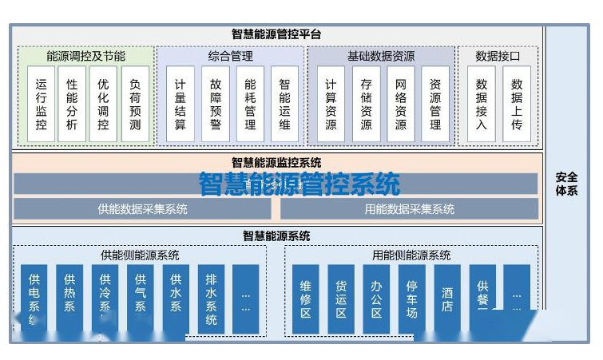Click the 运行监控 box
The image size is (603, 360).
tap(42, 105)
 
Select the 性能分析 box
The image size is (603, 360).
tap(72, 105)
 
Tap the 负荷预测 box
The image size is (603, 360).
tap(135, 105)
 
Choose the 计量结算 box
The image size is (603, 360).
tap(181, 105)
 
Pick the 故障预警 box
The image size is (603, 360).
tap(216, 105)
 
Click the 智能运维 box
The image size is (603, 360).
tap(285, 105)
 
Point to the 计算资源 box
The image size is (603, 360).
tap(331, 105)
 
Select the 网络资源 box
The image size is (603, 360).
tap(401, 105)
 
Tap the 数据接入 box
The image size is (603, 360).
tap(482, 105)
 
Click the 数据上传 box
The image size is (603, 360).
tap(517, 105)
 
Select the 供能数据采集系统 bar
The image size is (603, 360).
tap(143, 209)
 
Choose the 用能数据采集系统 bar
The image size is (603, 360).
tap(409, 209)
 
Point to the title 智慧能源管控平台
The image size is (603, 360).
tap(276, 34)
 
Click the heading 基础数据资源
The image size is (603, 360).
tap(381, 57)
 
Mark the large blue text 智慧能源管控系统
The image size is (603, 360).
tap(300, 184)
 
